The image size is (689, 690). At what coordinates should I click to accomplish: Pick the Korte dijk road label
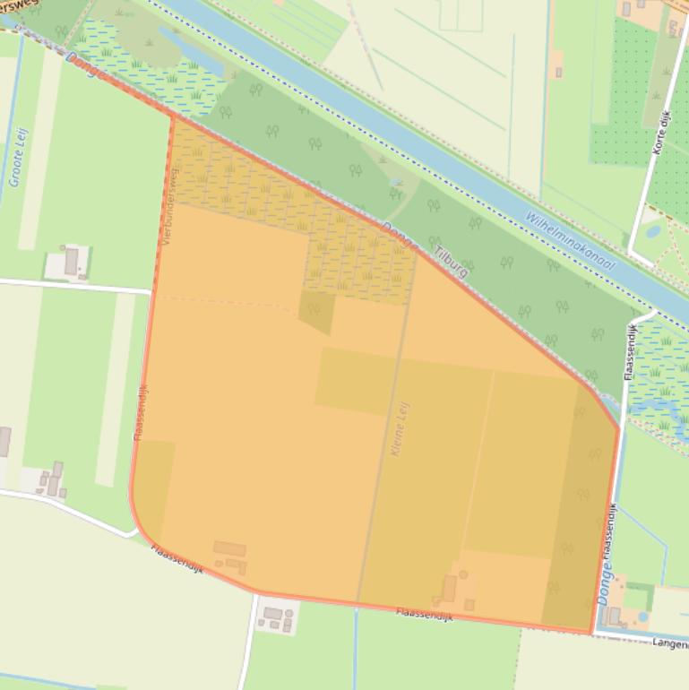pos(662,133)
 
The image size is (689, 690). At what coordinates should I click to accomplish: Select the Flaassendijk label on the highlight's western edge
pos(141,412)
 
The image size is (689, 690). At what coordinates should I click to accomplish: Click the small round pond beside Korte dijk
pos(652,231)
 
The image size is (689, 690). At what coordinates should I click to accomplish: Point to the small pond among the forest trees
pos(395,192)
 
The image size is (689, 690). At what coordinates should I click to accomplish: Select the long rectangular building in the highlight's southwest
pos(229,548)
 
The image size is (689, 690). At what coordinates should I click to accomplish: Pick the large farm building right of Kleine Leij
pos(449,588)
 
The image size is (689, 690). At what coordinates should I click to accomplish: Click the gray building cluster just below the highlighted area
pos(275,617)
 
